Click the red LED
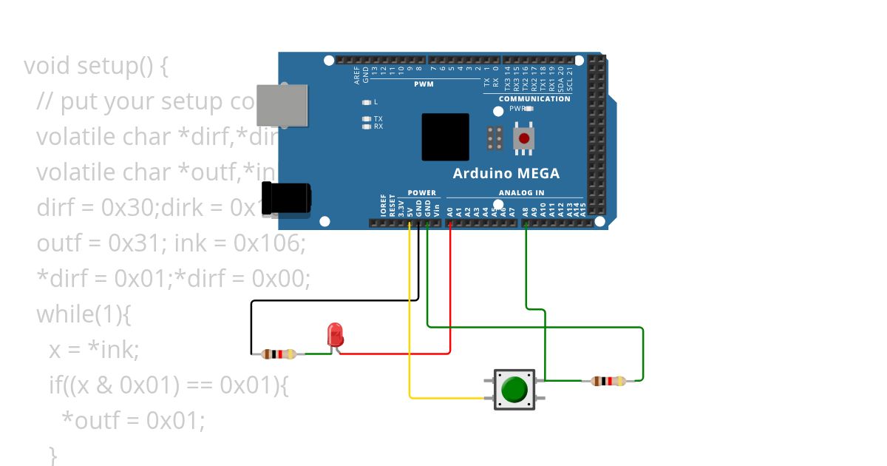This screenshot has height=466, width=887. point(335,334)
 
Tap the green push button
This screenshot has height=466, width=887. point(514,388)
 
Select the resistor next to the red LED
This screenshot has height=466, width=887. point(279,354)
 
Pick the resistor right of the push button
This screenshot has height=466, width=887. point(608,381)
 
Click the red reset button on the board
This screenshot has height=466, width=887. point(525,138)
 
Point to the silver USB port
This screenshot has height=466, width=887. point(282,104)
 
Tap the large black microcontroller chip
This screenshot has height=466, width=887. point(445,137)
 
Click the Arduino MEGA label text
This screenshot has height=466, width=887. point(506,174)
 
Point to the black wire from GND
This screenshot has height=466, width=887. point(333,300)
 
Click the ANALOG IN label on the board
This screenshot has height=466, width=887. point(521,193)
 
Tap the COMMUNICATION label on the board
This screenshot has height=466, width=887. point(534,98)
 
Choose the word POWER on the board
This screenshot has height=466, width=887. point(421,193)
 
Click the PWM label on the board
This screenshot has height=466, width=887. point(424,84)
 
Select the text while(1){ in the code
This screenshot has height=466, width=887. point(84,314)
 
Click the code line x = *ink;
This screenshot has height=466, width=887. point(94,350)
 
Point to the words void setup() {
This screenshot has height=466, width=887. point(96,66)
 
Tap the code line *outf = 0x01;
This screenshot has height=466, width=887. point(133,420)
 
